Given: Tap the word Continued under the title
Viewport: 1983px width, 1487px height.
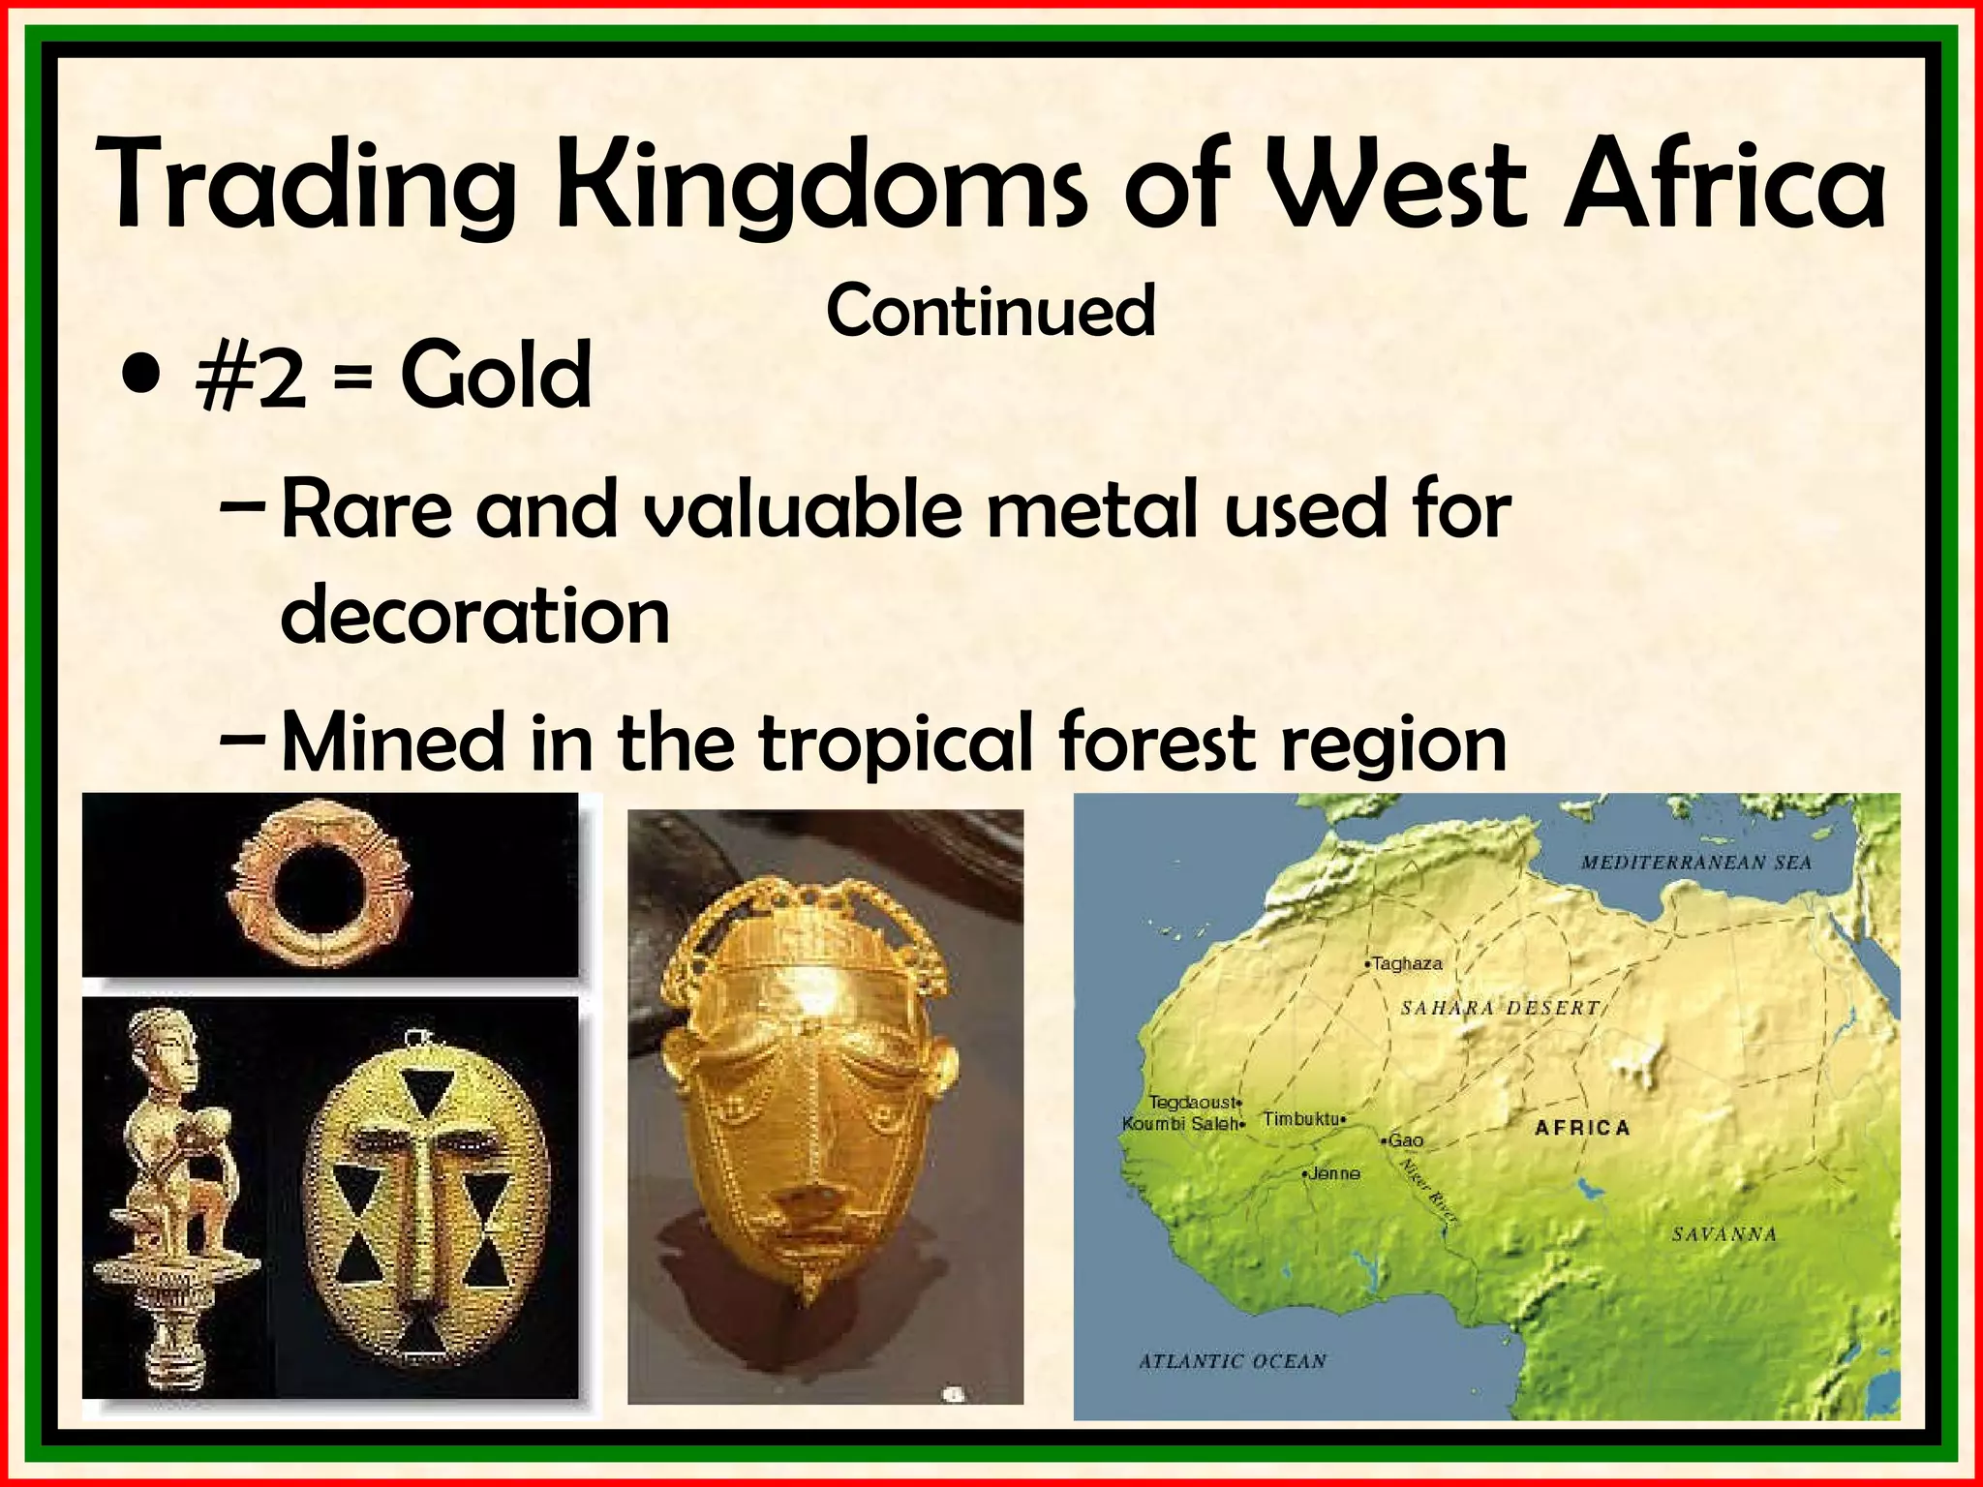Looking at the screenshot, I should point(991,311).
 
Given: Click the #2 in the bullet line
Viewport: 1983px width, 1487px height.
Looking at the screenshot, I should point(250,377).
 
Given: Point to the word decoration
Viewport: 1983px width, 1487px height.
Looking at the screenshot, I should point(474,616).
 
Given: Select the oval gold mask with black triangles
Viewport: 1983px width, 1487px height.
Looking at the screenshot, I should point(426,1200).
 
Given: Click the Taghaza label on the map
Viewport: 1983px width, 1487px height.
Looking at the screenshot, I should point(1407,963).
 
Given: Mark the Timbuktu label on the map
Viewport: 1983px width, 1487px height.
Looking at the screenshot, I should point(1301,1119).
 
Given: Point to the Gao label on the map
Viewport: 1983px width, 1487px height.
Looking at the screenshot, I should point(1405,1140).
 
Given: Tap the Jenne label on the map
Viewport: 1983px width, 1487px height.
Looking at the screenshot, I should point(1334,1173).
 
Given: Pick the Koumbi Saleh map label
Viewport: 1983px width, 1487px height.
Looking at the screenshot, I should point(1181,1124).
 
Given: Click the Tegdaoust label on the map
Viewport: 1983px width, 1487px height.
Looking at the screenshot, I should point(1192,1102).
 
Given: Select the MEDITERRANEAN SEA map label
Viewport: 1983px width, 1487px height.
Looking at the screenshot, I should point(1695,863).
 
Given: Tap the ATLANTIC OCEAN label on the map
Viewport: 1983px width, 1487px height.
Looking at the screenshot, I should point(1232,1361).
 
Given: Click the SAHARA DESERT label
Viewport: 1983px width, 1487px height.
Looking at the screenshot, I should point(1500,1008).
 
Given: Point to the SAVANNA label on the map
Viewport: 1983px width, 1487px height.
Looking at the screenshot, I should point(1724,1234).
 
